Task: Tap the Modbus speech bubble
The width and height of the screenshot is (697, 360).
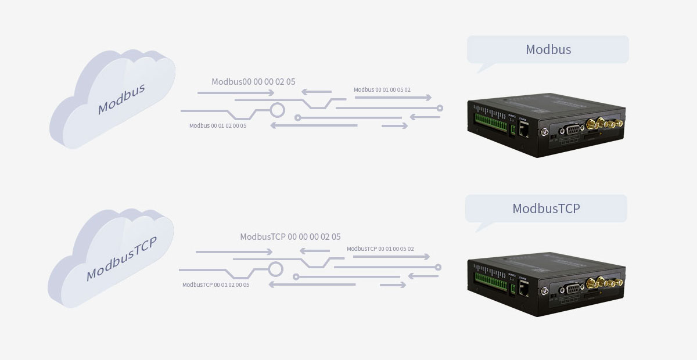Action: (x=548, y=50)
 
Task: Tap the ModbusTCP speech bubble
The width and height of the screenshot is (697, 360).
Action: (x=546, y=208)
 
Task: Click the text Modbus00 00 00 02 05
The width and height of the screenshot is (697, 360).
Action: (x=253, y=82)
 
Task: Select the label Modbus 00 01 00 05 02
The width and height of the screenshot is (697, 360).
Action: (x=382, y=90)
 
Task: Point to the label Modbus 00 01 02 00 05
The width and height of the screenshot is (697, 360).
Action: (x=218, y=125)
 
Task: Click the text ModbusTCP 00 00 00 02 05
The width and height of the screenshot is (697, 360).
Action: (x=290, y=237)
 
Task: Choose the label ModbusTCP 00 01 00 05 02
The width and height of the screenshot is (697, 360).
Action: (x=380, y=249)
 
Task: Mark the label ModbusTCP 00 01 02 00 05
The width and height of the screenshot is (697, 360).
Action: (x=215, y=285)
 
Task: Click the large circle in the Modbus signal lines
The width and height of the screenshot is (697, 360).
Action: (x=277, y=110)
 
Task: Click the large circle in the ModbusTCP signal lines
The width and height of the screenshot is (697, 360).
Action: (x=275, y=269)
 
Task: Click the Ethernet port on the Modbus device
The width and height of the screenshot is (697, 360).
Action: (x=523, y=131)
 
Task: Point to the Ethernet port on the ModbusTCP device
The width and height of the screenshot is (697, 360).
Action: (x=523, y=289)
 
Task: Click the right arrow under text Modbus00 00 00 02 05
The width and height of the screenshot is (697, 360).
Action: (x=235, y=93)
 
